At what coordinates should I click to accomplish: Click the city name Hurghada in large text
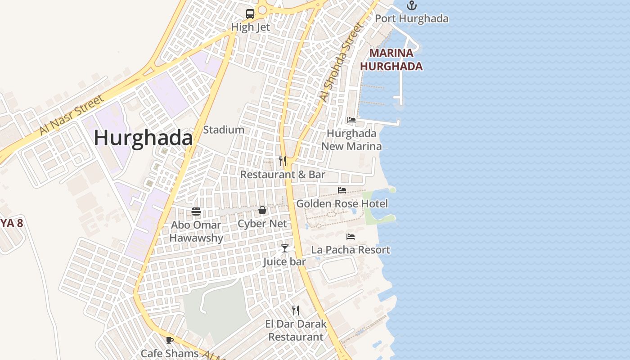(x=143, y=138)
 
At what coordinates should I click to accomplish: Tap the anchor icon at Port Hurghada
(x=411, y=5)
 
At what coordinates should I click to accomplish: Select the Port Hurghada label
(x=411, y=18)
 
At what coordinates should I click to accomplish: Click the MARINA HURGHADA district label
(x=391, y=60)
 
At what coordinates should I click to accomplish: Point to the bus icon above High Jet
(x=250, y=13)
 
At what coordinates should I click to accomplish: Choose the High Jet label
(x=250, y=27)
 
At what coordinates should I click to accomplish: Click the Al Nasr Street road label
(x=72, y=115)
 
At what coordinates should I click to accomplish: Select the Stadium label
(x=224, y=130)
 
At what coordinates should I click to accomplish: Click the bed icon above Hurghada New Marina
(x=351, y=120)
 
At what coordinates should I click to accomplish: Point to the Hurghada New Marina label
(x=351, y=139)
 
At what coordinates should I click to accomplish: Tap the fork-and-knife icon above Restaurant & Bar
(x=283, y=161)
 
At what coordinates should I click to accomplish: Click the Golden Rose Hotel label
(x=342, y=204)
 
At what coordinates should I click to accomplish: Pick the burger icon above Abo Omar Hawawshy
(x=196, y=211)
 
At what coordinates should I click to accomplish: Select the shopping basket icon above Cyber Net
(x=262, y=210)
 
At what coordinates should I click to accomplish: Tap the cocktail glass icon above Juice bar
(x=284, y=248)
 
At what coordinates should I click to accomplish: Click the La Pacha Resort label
(x=351, y=250)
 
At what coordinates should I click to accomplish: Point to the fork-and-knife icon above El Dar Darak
(x=296, y=310)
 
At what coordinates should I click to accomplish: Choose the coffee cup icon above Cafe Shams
(x=170, y=340)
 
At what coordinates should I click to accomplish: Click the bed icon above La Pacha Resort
(x=351, y=237)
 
